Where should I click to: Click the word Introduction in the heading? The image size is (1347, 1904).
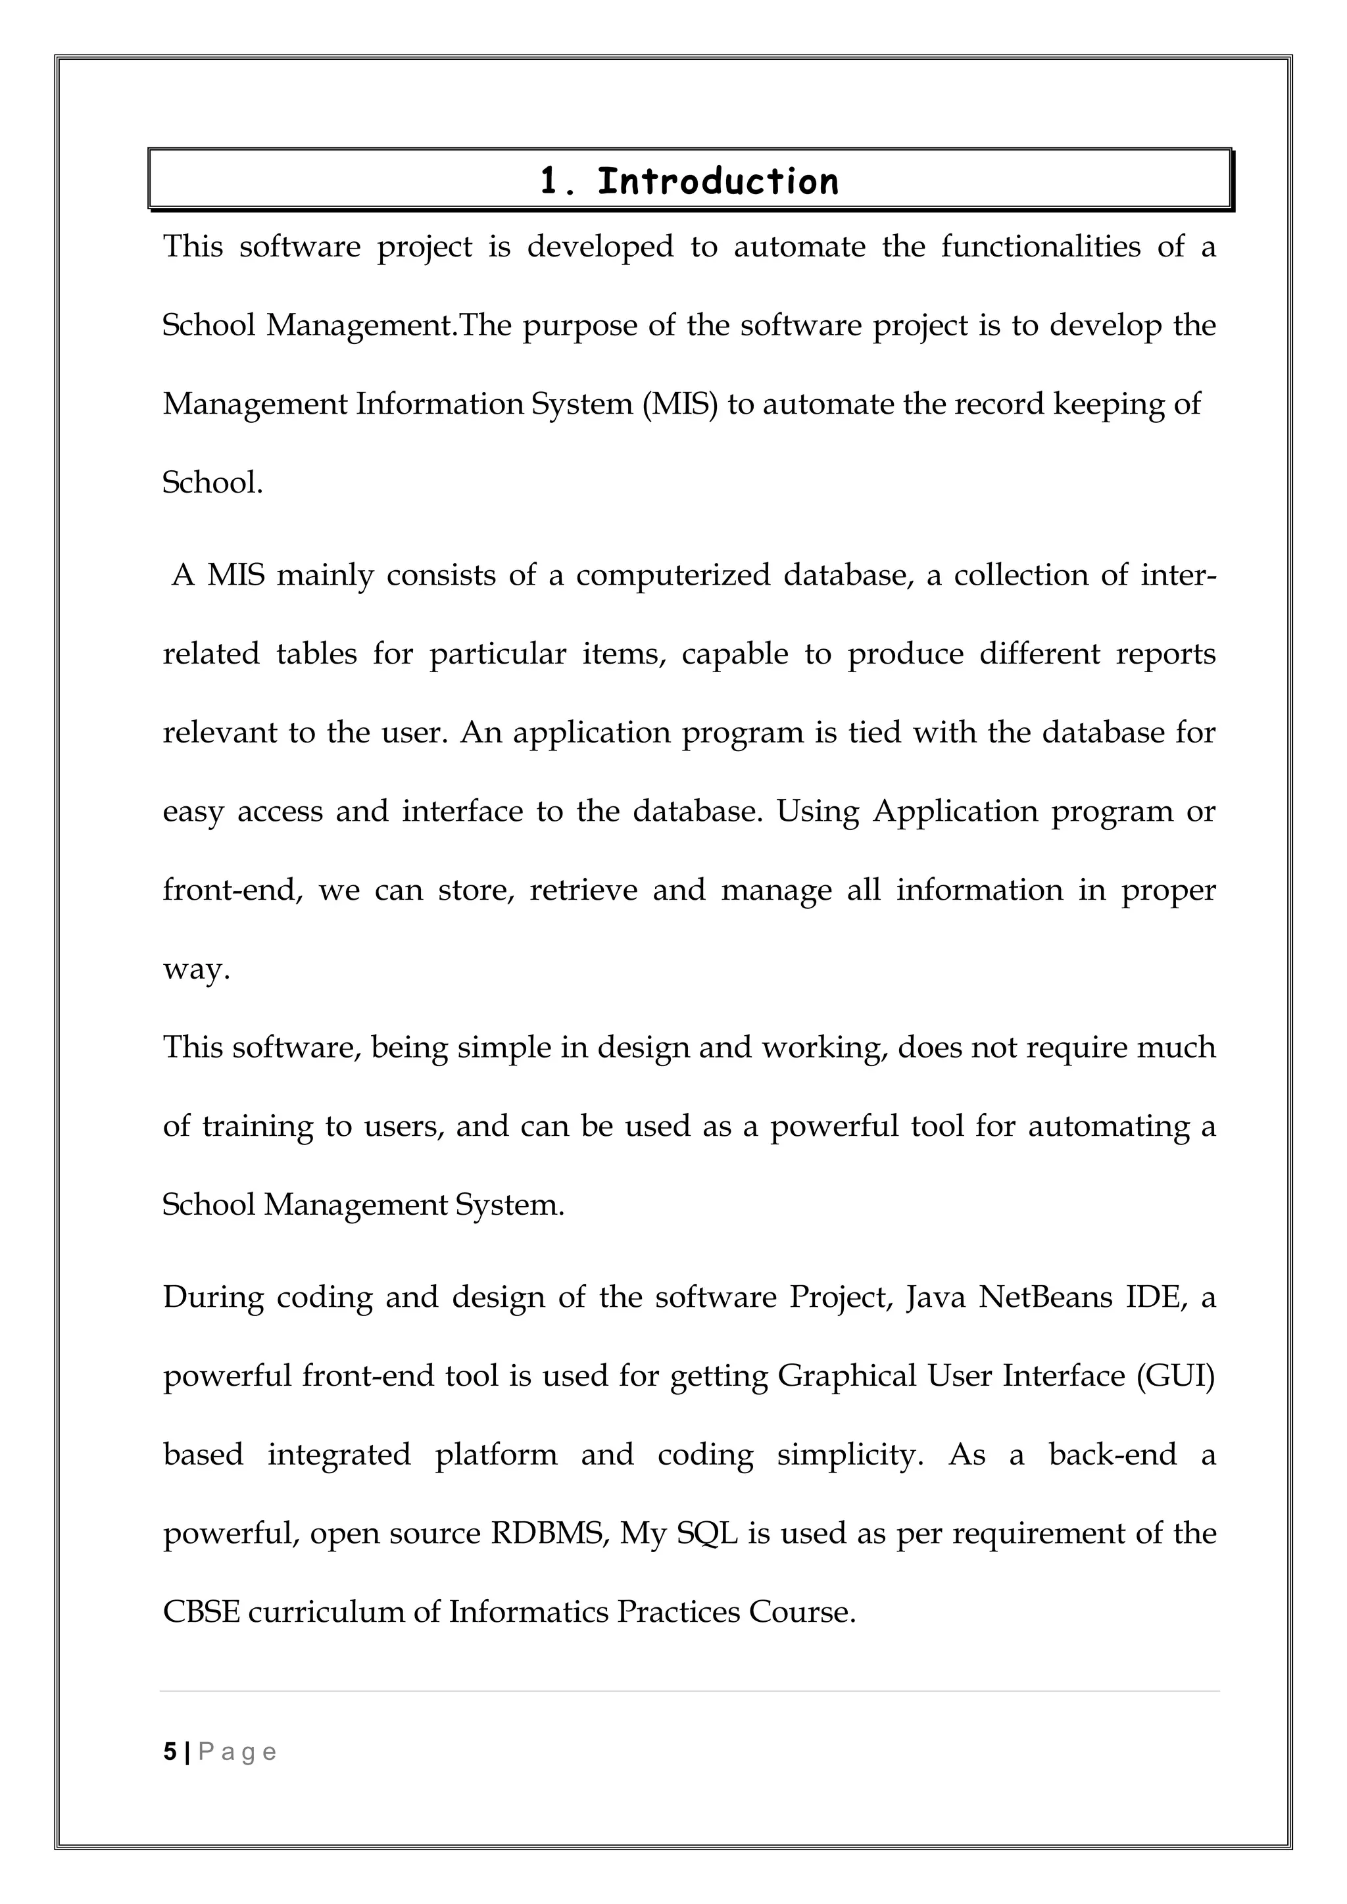point(718,181)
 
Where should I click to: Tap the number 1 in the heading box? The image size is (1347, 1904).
point(549,181)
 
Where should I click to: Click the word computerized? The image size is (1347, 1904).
point(673,575)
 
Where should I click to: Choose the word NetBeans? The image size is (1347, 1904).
point(1045,1296)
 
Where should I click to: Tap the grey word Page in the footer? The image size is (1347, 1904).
point(237,1752)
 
